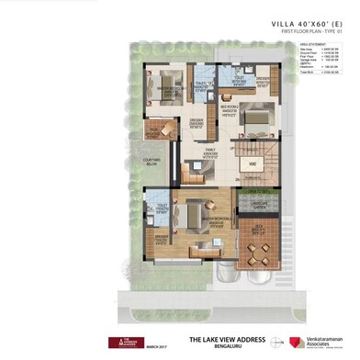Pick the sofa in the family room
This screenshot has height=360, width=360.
pyautogui.click(x=192, y=169)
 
